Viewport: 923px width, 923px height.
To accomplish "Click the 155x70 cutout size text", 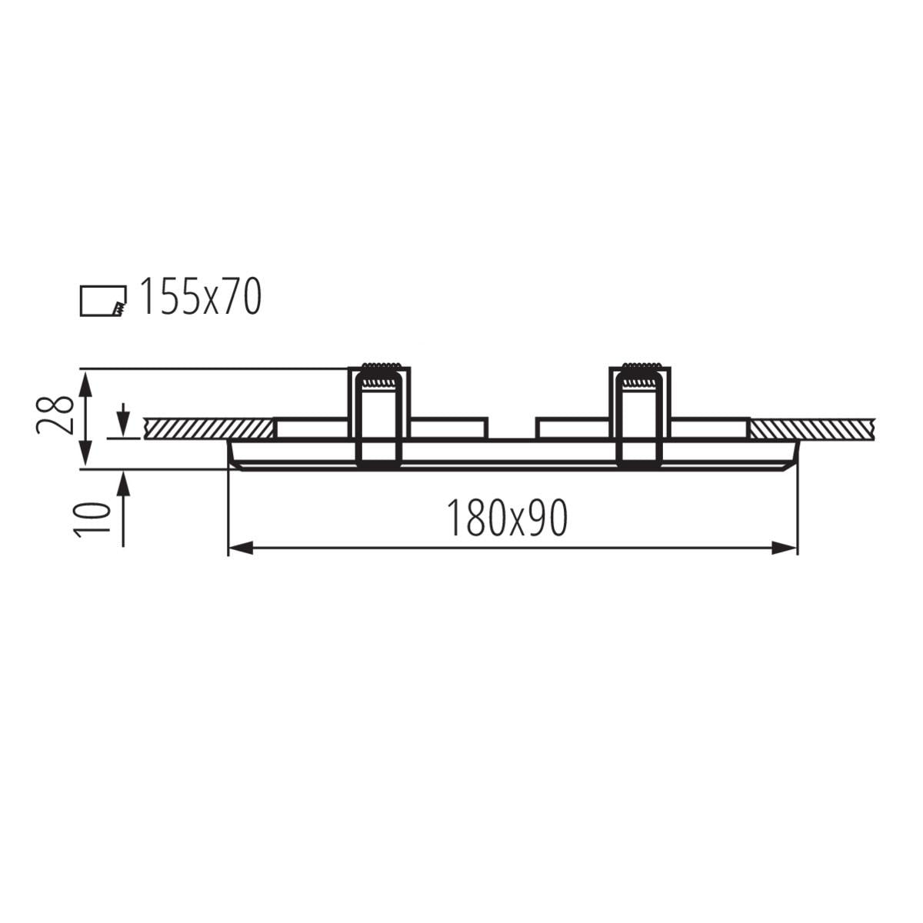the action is pyautogui.click(x=200, y=297).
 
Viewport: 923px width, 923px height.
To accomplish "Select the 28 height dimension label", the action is pyautogui.click(x=55, y=415).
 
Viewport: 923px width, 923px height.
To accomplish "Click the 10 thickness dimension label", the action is pyautogui.click(x=91, y=520).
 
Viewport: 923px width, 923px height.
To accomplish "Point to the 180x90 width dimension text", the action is pyautogui.click(x=507, y=518).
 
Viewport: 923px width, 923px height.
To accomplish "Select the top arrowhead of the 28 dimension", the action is pyautogui.click(x=85, y=385).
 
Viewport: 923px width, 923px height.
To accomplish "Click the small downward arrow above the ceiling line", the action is pyautogui.click(x=123, y=420).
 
